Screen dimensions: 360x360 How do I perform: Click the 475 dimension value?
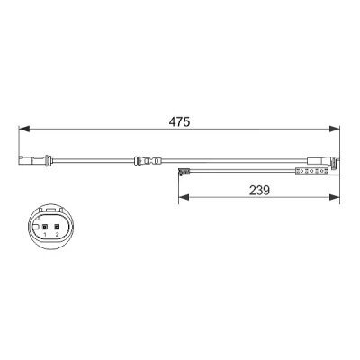tap(179, 121)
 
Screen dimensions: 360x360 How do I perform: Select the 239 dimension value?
tap(259, 190)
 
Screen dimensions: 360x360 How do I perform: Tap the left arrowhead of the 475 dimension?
tap(24, 129)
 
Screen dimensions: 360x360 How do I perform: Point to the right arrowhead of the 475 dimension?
tap(334, 129)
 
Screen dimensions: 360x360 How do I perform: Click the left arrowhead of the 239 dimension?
tap(184, 197)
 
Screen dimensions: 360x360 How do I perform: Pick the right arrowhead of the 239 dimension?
tap(334, 197)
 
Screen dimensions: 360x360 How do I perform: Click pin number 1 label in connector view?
tap(45, 234)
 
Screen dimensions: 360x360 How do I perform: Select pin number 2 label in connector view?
tap(57, 234)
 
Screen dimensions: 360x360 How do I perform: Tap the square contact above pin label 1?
tap(45, 227)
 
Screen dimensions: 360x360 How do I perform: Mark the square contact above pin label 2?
tap(57, 227)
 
